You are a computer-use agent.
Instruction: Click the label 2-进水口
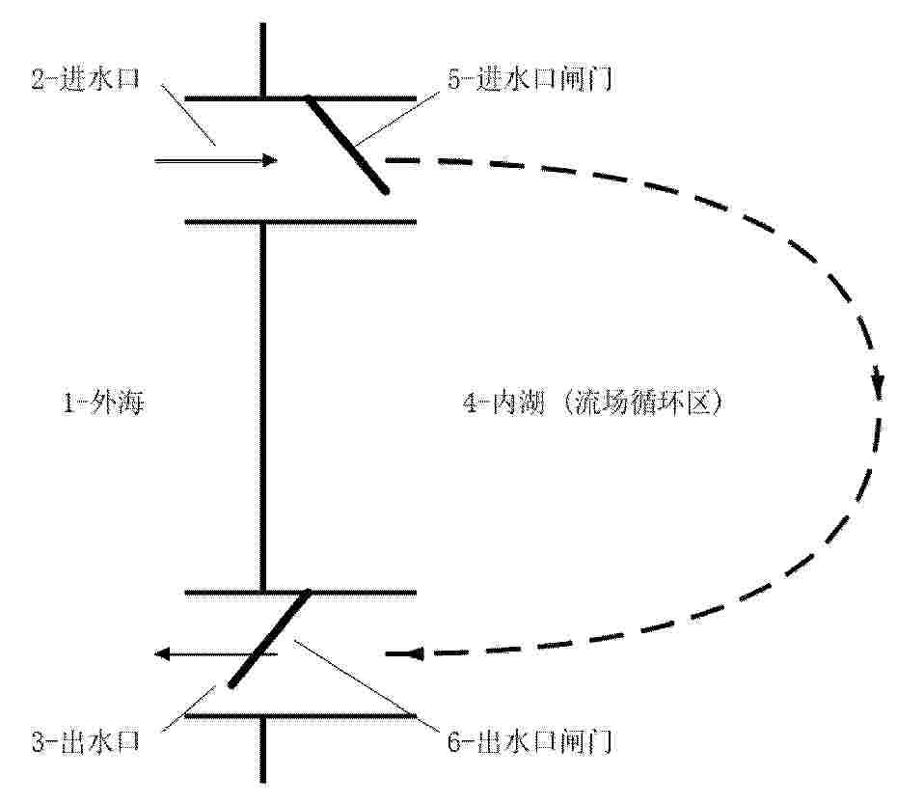tap(86, 79)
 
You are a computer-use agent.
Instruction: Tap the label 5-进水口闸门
tap(530, 79)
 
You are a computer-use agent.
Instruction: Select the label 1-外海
tap(103, 403)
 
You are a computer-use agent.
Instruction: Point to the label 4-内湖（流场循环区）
tap(594, 403)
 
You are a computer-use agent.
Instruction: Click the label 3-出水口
tap(86, 742)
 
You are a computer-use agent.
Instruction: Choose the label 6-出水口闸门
tap(530, 742)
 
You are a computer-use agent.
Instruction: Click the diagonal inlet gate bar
tap(347, 144)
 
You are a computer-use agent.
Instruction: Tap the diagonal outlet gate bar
tap(269, 638)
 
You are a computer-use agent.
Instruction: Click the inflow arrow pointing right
tap(216, 161)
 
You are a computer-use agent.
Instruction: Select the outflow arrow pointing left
tap(217, 653)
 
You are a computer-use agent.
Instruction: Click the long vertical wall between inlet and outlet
tap(263, 406)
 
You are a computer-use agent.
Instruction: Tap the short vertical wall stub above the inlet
tap(263, 61)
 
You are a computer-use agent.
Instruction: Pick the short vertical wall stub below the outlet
tap(263, 749)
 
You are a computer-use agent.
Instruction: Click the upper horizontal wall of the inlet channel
tap(301, 99)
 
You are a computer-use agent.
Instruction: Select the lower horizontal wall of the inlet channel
tap(301, 222)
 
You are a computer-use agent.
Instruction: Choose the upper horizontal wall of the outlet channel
tap(301, 592)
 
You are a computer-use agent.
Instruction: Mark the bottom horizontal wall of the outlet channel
tap(301, 715)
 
